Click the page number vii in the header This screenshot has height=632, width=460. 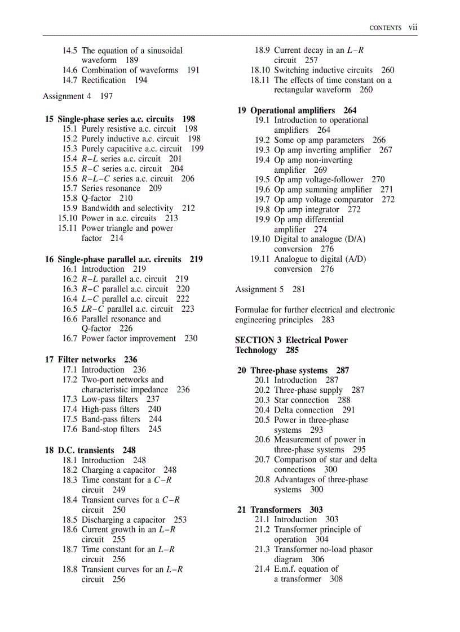tap(413, 27)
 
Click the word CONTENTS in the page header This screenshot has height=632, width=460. tap(386, 28)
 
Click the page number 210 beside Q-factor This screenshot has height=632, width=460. tap(126, 198)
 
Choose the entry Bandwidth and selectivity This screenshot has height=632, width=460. tap(127, 208)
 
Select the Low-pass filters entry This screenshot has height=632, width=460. tap(109, 400)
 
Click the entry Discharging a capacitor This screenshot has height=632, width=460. tap(123, 520)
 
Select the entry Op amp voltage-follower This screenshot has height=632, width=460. tap(319, 180)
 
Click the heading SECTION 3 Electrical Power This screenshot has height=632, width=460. tap(291, 340)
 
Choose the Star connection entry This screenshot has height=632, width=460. tap(301, 400)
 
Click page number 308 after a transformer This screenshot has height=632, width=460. tap(336, 579)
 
